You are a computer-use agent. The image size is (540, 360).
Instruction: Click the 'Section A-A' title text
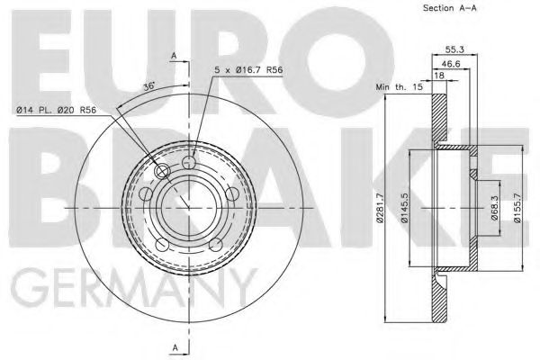[449, 8]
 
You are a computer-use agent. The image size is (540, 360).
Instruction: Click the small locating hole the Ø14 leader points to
[162, 171]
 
